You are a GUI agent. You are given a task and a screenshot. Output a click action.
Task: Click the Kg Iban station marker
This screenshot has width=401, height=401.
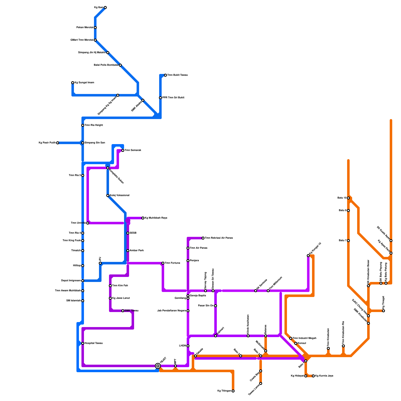[x=105, y=8]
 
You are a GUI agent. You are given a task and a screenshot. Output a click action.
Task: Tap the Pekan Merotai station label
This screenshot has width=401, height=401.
[x=85, y=28]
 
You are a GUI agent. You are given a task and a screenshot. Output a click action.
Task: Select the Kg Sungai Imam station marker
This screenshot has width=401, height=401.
[x=73, y=83]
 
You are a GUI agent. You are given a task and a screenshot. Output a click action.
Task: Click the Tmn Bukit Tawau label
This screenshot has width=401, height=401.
[x=177, y=75]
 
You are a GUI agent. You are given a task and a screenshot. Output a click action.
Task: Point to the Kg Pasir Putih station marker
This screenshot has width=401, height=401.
[x=58, y=143]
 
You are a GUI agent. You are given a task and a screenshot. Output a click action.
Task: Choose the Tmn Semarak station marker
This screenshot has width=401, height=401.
[x=123, y=150]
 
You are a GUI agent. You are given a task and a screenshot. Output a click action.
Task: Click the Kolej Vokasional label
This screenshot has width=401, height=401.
[x=120, y=195]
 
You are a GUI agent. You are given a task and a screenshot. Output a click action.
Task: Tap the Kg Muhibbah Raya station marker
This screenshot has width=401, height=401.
[x=143, y=218]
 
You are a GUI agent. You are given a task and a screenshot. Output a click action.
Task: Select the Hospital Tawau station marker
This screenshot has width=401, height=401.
[x=83, y=343]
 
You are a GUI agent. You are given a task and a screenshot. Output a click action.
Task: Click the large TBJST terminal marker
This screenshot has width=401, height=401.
[x=158, y=366]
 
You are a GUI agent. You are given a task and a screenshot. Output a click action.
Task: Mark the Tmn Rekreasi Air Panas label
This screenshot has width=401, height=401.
[x=219, y=238]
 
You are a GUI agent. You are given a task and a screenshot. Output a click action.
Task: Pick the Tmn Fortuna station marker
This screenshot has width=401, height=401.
[x=163, y=263]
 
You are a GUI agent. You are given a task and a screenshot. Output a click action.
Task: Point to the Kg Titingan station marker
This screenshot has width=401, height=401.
[x=233, y=391]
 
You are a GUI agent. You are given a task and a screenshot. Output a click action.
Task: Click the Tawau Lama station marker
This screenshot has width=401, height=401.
[x=261, y=383]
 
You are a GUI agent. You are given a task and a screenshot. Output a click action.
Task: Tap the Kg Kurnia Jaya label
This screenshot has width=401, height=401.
[x=324, y=376]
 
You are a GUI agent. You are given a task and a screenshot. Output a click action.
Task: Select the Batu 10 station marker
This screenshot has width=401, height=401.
[x=348, y=198]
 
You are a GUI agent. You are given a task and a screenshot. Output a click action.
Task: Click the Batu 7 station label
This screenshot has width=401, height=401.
[x=342, y=241]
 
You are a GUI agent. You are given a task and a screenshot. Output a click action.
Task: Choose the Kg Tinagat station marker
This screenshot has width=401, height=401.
[x=383, y=311]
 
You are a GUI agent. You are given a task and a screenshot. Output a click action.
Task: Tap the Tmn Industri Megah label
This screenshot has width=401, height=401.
[x=304, y=338]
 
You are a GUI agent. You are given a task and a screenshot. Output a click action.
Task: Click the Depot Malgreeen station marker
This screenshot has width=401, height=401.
[x=83, y=281]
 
